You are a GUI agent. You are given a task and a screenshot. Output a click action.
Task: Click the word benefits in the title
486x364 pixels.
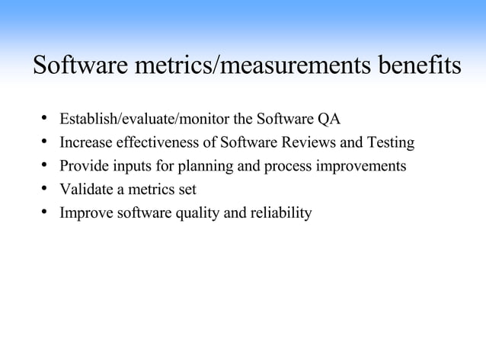(417, 65)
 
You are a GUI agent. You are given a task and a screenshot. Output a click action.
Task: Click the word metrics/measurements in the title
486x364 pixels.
(252, 65)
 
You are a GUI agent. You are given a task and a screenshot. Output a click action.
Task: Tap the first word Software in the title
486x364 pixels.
(79, 65)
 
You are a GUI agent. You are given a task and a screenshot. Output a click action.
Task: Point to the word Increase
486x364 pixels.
(84, 142)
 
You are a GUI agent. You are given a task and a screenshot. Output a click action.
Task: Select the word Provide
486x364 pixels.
(82, 166)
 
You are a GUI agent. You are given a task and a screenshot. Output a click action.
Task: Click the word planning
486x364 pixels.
(211, 166)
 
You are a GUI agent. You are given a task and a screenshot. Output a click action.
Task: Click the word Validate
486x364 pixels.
(85, 190)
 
